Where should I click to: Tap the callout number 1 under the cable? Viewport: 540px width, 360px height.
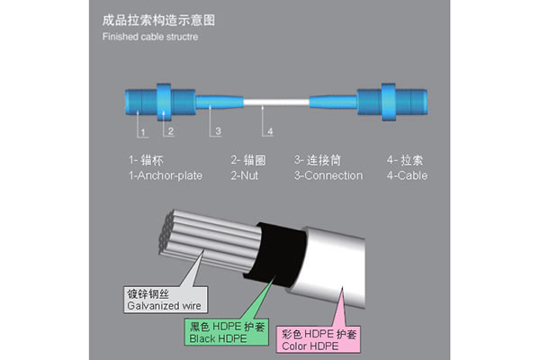(x=142, y=131)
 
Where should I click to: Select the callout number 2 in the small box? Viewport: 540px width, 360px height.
(x=169, y=131)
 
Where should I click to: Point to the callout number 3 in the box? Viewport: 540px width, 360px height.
(x=217, y=131)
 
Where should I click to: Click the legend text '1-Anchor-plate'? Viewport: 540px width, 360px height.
(x=165, y=175)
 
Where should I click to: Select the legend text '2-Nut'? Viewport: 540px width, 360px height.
(x=243, y=175)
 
